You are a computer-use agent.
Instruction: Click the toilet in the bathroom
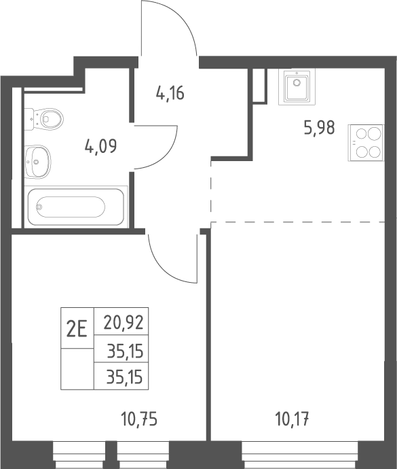44,119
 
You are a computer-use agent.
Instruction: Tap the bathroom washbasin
37,162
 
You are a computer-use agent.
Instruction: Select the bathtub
75,207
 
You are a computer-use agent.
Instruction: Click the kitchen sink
297,87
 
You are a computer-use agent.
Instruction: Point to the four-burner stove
366,143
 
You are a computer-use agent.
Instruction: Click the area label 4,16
170,93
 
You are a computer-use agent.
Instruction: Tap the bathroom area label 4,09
100,146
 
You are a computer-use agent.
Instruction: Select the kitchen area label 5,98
320,128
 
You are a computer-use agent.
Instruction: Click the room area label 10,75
139,419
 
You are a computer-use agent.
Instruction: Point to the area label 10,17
292,419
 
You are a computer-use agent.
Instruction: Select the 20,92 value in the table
124,323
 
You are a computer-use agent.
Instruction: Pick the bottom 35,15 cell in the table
125,377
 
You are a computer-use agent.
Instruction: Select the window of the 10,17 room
300,455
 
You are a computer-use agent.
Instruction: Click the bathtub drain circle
39,207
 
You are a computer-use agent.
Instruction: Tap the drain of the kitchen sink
297,82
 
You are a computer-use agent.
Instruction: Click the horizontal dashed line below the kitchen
297,222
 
